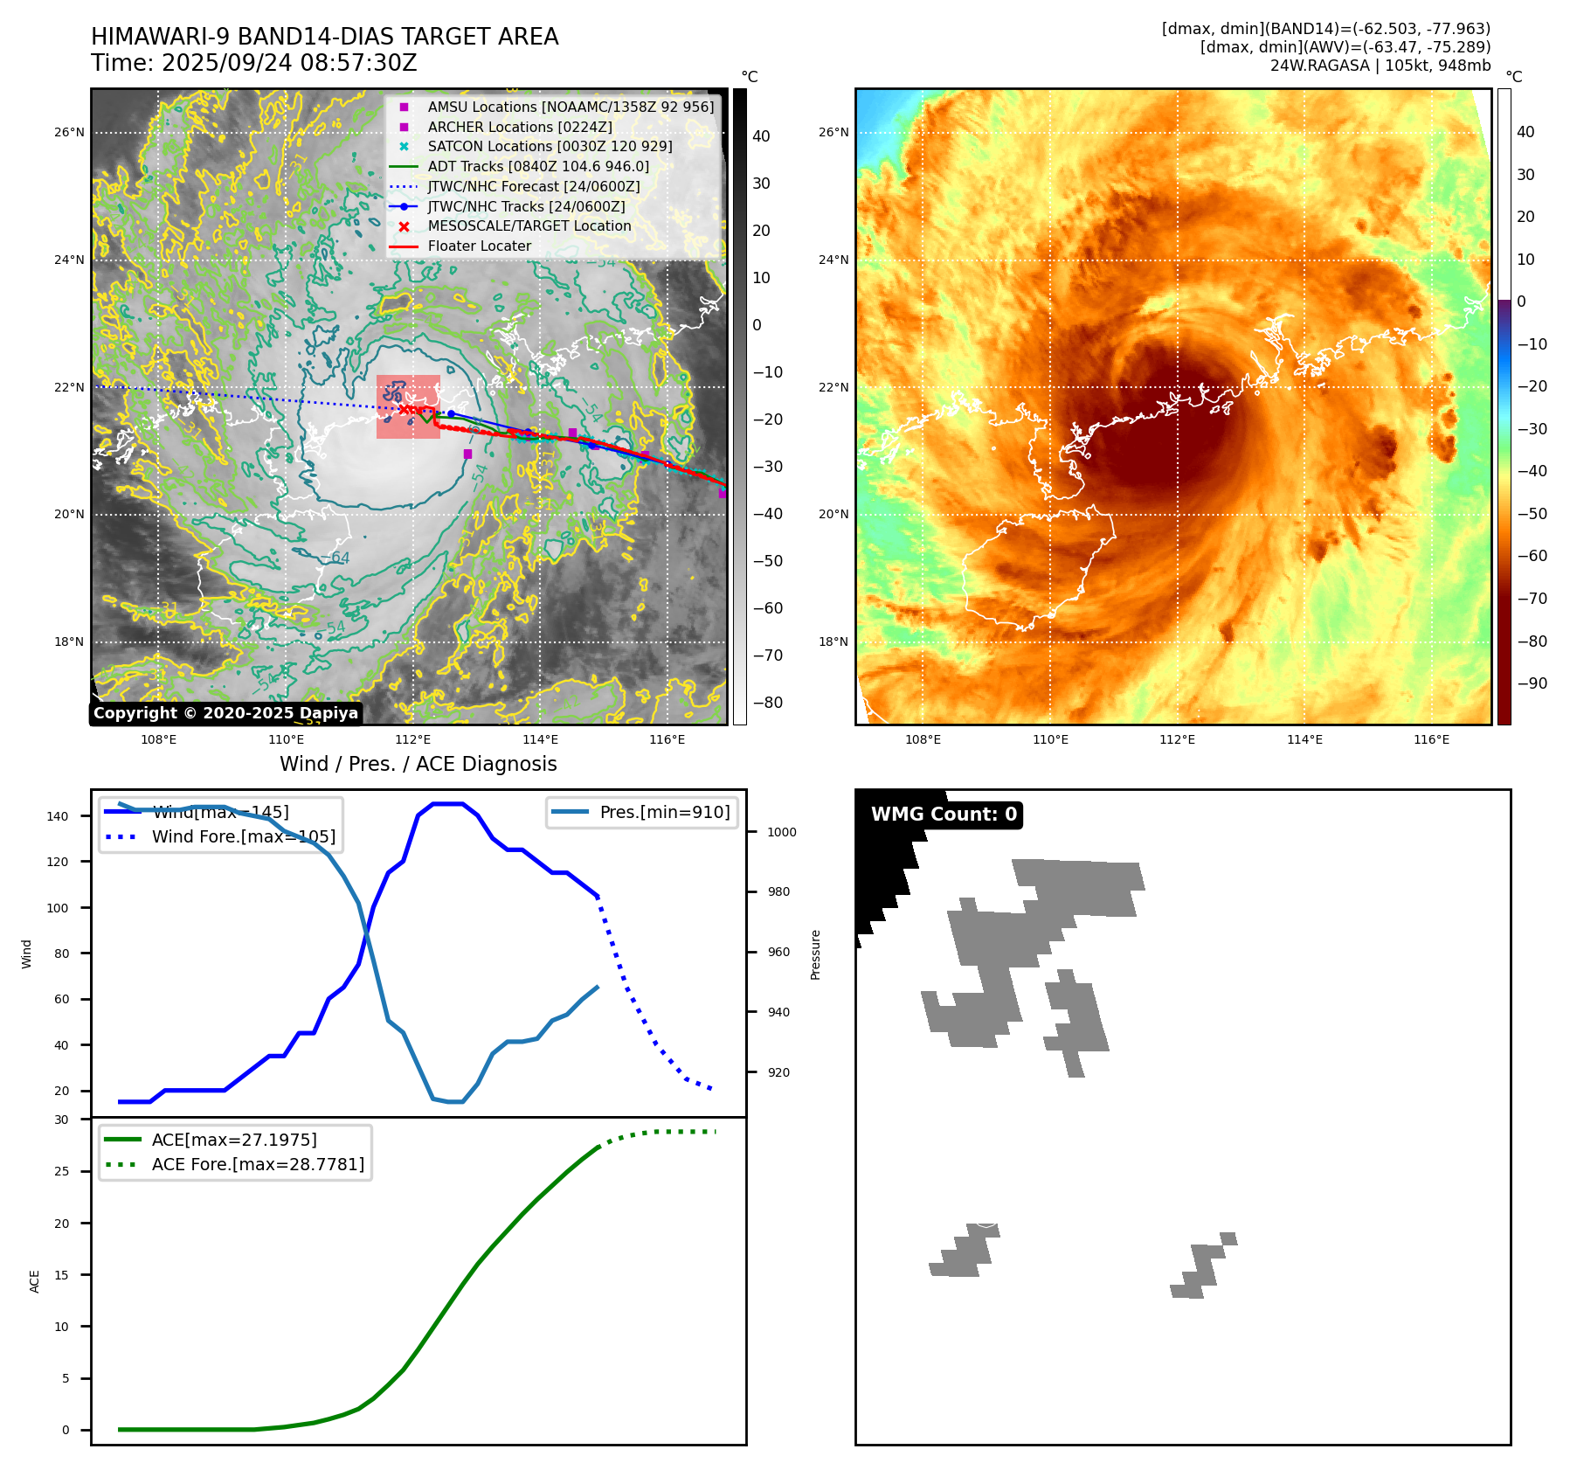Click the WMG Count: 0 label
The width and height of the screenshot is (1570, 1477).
(x=944, y=815)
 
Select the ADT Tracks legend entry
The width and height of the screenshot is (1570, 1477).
(x=538, y=166)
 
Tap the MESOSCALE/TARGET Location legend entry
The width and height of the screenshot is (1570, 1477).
(x=529, y=225)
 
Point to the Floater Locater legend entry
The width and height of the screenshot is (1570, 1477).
(x=479, y=246)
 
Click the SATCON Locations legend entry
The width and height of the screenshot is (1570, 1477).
(x=550, y=146)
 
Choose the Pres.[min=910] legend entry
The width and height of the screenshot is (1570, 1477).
(x=664, y=812)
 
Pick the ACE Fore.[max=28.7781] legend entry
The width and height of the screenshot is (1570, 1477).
(x=258, y=1164)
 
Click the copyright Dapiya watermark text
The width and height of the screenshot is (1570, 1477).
(x=225, y=713)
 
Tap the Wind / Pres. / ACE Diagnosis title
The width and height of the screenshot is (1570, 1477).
(x=418, y=764)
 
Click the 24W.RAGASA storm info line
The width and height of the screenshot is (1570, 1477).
(x=1380, y=66)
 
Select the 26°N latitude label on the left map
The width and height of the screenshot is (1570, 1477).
(x=69, y=133)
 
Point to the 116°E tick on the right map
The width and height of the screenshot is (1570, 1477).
(x=1431, y=739)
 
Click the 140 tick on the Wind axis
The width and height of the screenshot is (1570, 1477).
(x=57, y=816)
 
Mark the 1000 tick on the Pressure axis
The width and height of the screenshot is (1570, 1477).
(x=781, y=832)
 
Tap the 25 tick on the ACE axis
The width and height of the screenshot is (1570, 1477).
(x=61, y=1171)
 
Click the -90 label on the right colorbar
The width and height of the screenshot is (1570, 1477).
(x=1532, y=683)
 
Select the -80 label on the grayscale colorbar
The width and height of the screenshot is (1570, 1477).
(x=768, y=703)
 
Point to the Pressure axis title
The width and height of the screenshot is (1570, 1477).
(x=815, y=954)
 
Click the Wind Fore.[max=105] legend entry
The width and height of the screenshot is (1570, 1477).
(x=243, y=836)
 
